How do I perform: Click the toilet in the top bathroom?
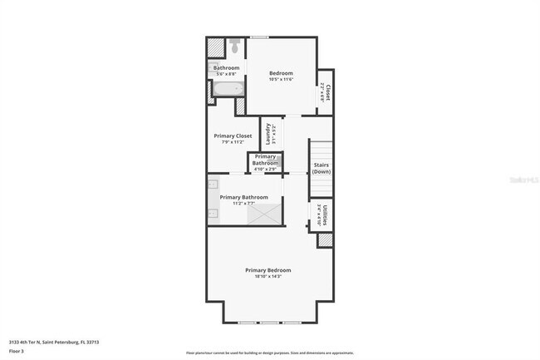pos(235,43)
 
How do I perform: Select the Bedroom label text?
pos(281,73)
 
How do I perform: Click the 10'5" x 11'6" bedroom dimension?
pos(281,80)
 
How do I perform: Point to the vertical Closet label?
pos(329,92)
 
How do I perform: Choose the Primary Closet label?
pos(233,136)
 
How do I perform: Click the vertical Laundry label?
pos(268,135)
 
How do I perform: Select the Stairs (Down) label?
pos(322,168)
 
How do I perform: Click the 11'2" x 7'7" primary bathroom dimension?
pos(243,203)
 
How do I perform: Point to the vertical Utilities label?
pos(325,215)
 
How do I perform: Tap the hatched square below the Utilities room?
pos(325,240)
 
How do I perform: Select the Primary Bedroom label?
pos(268,269)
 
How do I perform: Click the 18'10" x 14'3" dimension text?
pos(268,276)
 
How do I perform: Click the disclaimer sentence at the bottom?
pos(269,353)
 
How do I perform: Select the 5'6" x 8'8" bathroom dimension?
pos(226,74)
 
